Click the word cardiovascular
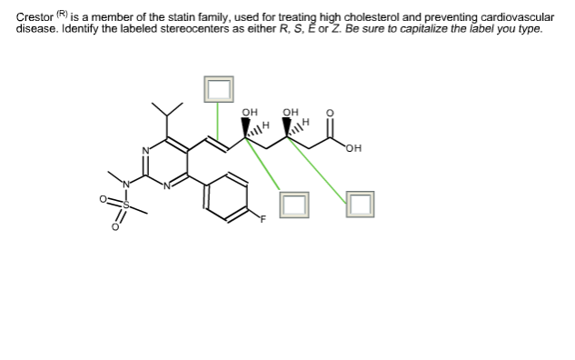tap(519, 17)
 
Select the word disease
tap(36, 28)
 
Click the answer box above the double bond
tap(218, 87)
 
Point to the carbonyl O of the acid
tap(330, 115)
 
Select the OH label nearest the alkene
tap(248, 113)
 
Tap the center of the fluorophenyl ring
tap(226, 197)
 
